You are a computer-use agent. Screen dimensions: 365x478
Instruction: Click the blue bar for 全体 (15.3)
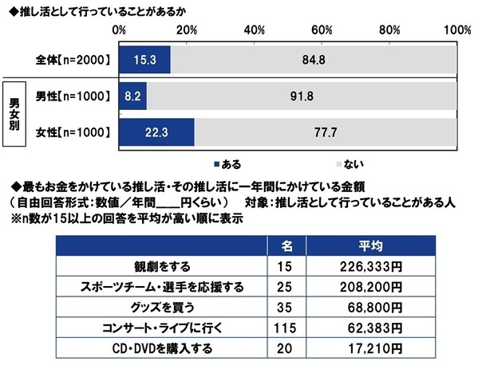coord(144,58)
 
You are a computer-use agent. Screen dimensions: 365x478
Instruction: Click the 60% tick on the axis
coord(322,29)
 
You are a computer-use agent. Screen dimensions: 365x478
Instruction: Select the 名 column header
coord(290,244)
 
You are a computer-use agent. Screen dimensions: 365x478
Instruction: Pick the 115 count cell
coord(290,327)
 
